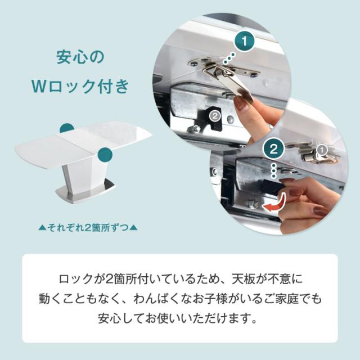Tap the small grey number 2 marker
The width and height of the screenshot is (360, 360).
pyautogui.click(x=214, y=115)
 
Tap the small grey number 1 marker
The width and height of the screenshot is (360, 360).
pyautogui.click(x=323, y=150)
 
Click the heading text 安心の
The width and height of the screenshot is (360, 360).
pyautogui.click(x=80, y=57)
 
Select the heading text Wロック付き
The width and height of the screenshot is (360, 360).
pyautogui.click(x=80, y=88)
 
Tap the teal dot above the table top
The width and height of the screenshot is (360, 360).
pyautogui.click(x=67, y=128)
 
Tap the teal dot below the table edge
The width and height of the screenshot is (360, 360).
pyautogui.click(x=103, y=155)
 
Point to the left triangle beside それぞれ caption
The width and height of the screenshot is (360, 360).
pyautogui.click(x=42, y=228)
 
